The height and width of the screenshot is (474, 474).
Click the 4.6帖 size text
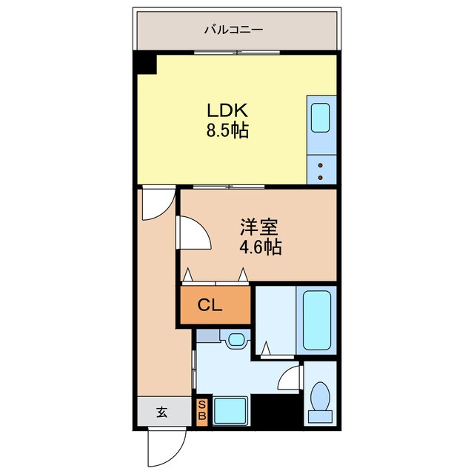pos(259,247)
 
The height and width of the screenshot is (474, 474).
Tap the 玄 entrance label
pos(161,413)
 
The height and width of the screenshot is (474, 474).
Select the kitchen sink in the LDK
pos(320,117)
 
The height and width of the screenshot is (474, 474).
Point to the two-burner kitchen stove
pos(320,170)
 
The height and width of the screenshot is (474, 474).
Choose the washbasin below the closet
pos(236,340)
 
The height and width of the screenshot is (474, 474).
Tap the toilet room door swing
pos(291,379)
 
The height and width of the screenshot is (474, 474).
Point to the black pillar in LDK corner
pos(146,64)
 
